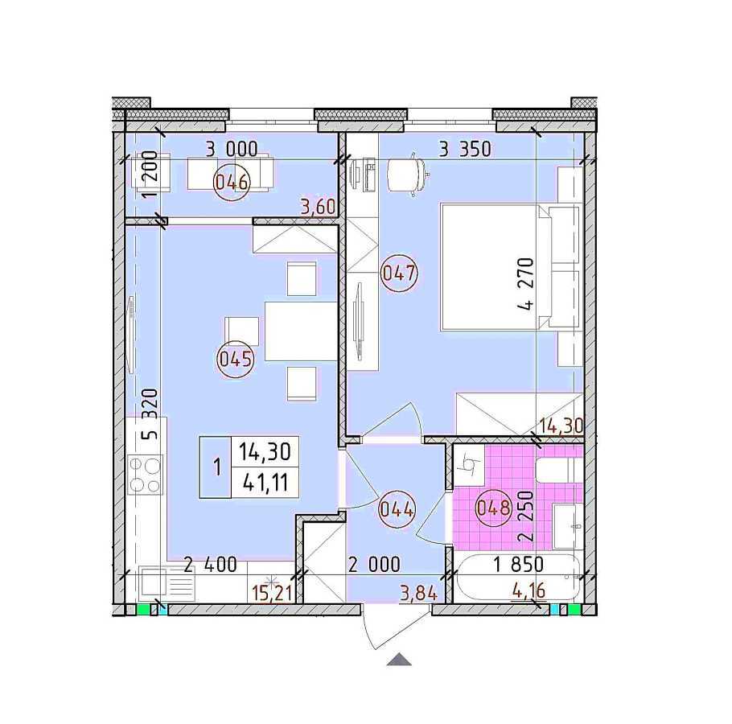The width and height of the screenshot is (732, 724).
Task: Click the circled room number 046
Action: coord(230,182)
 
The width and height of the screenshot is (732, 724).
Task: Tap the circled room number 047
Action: coord(399,273)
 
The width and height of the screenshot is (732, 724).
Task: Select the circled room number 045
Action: coord(236,360)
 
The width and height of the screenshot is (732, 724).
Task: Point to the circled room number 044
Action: coord(397,508)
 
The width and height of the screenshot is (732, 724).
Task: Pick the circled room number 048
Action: coord(493,508)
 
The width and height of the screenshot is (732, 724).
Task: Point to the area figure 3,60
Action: coord(316,208)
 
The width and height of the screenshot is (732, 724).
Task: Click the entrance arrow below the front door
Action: coord(400,660)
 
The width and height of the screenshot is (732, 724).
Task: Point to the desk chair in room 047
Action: coord(406,174)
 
